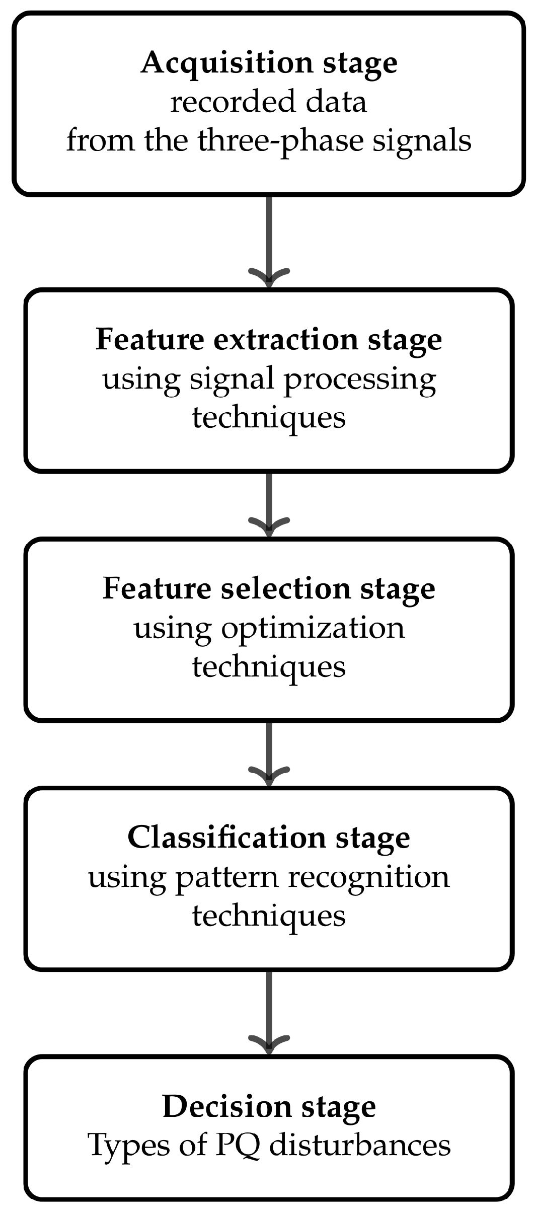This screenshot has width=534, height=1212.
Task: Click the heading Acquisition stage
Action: [x=269, y=64]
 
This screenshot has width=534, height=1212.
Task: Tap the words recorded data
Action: [x=268, y=102]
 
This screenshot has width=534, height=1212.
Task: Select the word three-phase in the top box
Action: [x=279, y=141]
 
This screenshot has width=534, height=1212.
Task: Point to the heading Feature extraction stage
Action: [x=269, y=340]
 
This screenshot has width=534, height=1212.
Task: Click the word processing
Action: [x=360, y=380]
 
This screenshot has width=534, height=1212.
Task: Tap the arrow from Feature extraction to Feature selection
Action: [x=269, y=503]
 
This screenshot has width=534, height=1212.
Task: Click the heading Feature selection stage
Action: [x=269, y=589]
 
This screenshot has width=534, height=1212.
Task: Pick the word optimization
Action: [x=313, y=629]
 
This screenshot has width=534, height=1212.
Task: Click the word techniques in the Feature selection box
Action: [x=269, y=666]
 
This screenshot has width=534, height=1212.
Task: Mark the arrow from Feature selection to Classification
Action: [x=269, y=752]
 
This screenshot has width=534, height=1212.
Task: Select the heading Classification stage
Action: [x=269, y=838]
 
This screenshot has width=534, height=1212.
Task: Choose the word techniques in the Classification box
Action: [x=269, y=916]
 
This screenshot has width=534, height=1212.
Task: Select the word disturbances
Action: [x=359, y=1146]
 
